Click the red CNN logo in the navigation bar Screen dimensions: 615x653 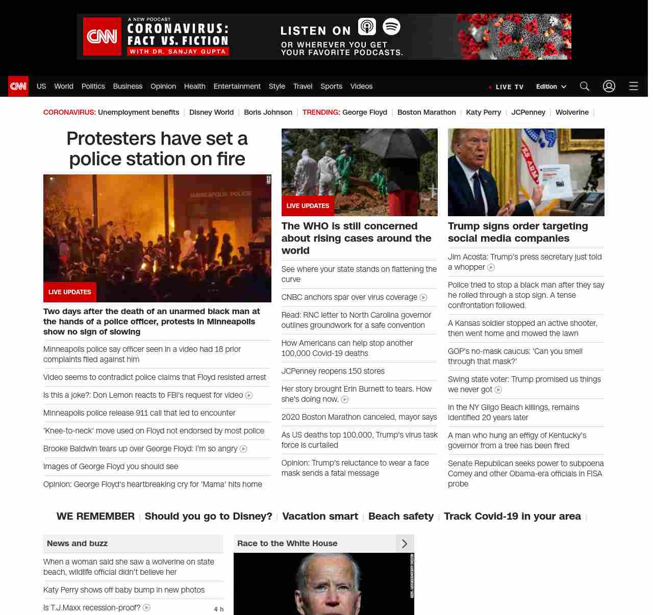[18, 86]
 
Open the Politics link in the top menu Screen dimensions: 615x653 [93, 86]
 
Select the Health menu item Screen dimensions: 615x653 [194, 86]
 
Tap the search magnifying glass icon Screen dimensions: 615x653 [584, 86]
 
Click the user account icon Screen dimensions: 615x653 [609, 86]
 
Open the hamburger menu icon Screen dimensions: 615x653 [633, 86]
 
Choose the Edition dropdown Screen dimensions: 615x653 [551, 87]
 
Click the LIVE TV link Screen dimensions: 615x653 [506, 87]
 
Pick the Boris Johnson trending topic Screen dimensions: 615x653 [268, 112]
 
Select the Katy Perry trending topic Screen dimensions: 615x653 [483, 112]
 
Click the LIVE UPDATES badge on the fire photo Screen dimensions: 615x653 [70, 292]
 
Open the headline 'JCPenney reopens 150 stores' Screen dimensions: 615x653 [333, 371]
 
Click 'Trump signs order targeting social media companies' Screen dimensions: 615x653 [518, 232]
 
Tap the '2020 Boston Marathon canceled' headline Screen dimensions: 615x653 [359, 417]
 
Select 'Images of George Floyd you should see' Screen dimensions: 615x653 [111, 467]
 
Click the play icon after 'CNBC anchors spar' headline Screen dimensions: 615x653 [423, 298]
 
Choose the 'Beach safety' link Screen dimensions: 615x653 [400, 516]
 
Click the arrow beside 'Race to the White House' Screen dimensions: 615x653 [405, 544]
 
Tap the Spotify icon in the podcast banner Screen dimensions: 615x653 [391, 27]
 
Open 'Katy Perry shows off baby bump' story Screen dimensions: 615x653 [124, 590]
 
